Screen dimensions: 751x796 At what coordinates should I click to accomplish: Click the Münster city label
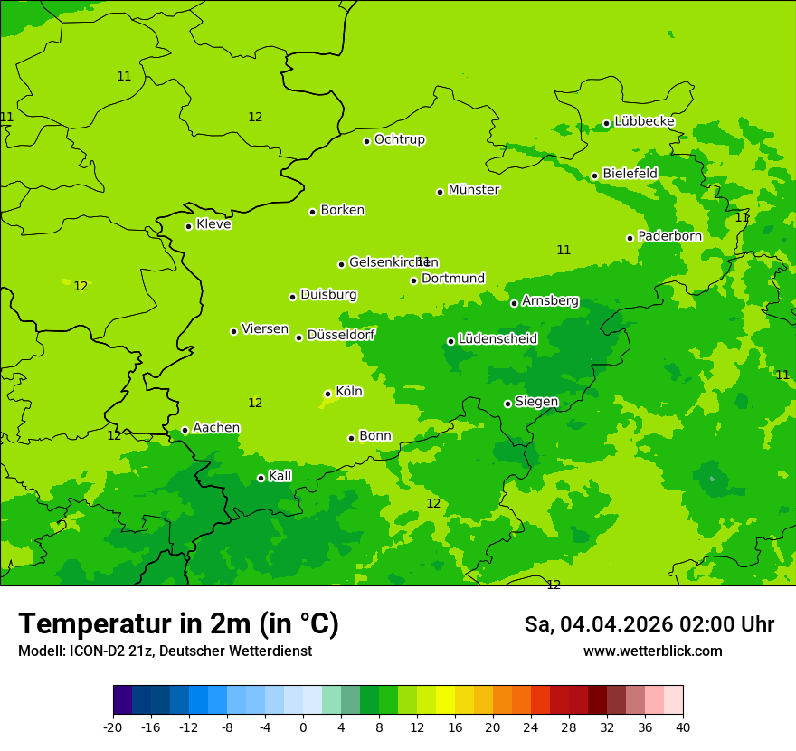click(473, 190)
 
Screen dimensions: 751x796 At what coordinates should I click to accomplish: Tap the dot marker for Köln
click(327, 394)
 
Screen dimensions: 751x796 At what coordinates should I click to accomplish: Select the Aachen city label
click(216, 428)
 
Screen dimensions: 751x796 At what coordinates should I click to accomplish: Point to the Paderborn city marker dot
click(630, 238)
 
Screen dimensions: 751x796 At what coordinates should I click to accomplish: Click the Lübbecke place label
click(644, 121)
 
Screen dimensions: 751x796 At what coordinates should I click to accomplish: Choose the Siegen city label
click(536, 402)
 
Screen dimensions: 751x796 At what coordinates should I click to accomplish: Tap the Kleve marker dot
click(188, 226)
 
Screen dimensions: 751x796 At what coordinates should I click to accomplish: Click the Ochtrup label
click(399, 139)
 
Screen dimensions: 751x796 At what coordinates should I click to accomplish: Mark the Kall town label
click(280, 476)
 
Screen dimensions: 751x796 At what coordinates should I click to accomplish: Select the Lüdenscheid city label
click(497, 339)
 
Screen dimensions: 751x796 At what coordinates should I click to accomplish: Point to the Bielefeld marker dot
click(594, 176)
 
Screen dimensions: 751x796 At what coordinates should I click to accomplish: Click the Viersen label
click(264, 329)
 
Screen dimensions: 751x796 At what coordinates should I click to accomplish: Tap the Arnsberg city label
click(550, 301)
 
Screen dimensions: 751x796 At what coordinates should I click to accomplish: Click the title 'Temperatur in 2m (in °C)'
click(178, 624)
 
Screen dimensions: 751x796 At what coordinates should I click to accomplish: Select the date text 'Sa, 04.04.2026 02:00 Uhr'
click(649, 624)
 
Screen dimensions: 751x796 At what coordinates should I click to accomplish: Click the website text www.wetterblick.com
click(652, 651)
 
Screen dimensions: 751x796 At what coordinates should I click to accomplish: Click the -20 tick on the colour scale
click(113, 727)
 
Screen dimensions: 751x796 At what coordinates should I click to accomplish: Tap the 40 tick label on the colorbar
click(683, 727)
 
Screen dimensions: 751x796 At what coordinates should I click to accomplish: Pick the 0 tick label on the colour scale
click(303, 727)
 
